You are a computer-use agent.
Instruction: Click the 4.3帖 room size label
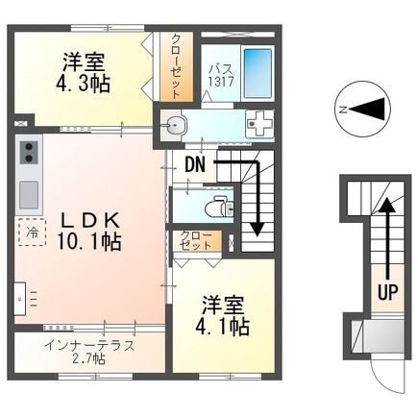(x=83, y=84)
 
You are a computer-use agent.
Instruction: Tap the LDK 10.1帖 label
(x=89, y=231)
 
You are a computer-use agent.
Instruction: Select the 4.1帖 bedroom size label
(x=223, y=327)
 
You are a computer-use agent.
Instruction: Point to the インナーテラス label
(x=89, y=346)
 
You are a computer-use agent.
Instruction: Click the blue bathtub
(x=258, y=73)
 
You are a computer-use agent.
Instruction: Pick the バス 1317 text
(x=221, y=75)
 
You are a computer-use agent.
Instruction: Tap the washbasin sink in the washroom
(x=174, y=125)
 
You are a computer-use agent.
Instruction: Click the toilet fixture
(x=219, y=205)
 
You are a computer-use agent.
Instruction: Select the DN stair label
(x=195, y=164)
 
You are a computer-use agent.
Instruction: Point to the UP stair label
(x=388, y=291)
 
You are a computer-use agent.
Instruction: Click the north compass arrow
(x=367, y=110)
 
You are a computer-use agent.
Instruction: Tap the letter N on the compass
(x=343, y=110)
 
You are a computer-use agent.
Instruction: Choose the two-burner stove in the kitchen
(x=29, y=153)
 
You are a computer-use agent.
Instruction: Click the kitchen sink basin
(x=29, y=195)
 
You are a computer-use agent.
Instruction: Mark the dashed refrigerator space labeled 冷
(x=32, y=233)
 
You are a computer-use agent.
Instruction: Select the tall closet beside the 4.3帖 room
(x=177, y=67)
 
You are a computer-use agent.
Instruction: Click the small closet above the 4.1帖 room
(x=197, y=241)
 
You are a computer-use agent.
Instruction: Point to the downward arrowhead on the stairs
(x=257, y=229)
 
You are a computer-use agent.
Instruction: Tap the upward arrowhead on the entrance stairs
(x=387, y=205)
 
